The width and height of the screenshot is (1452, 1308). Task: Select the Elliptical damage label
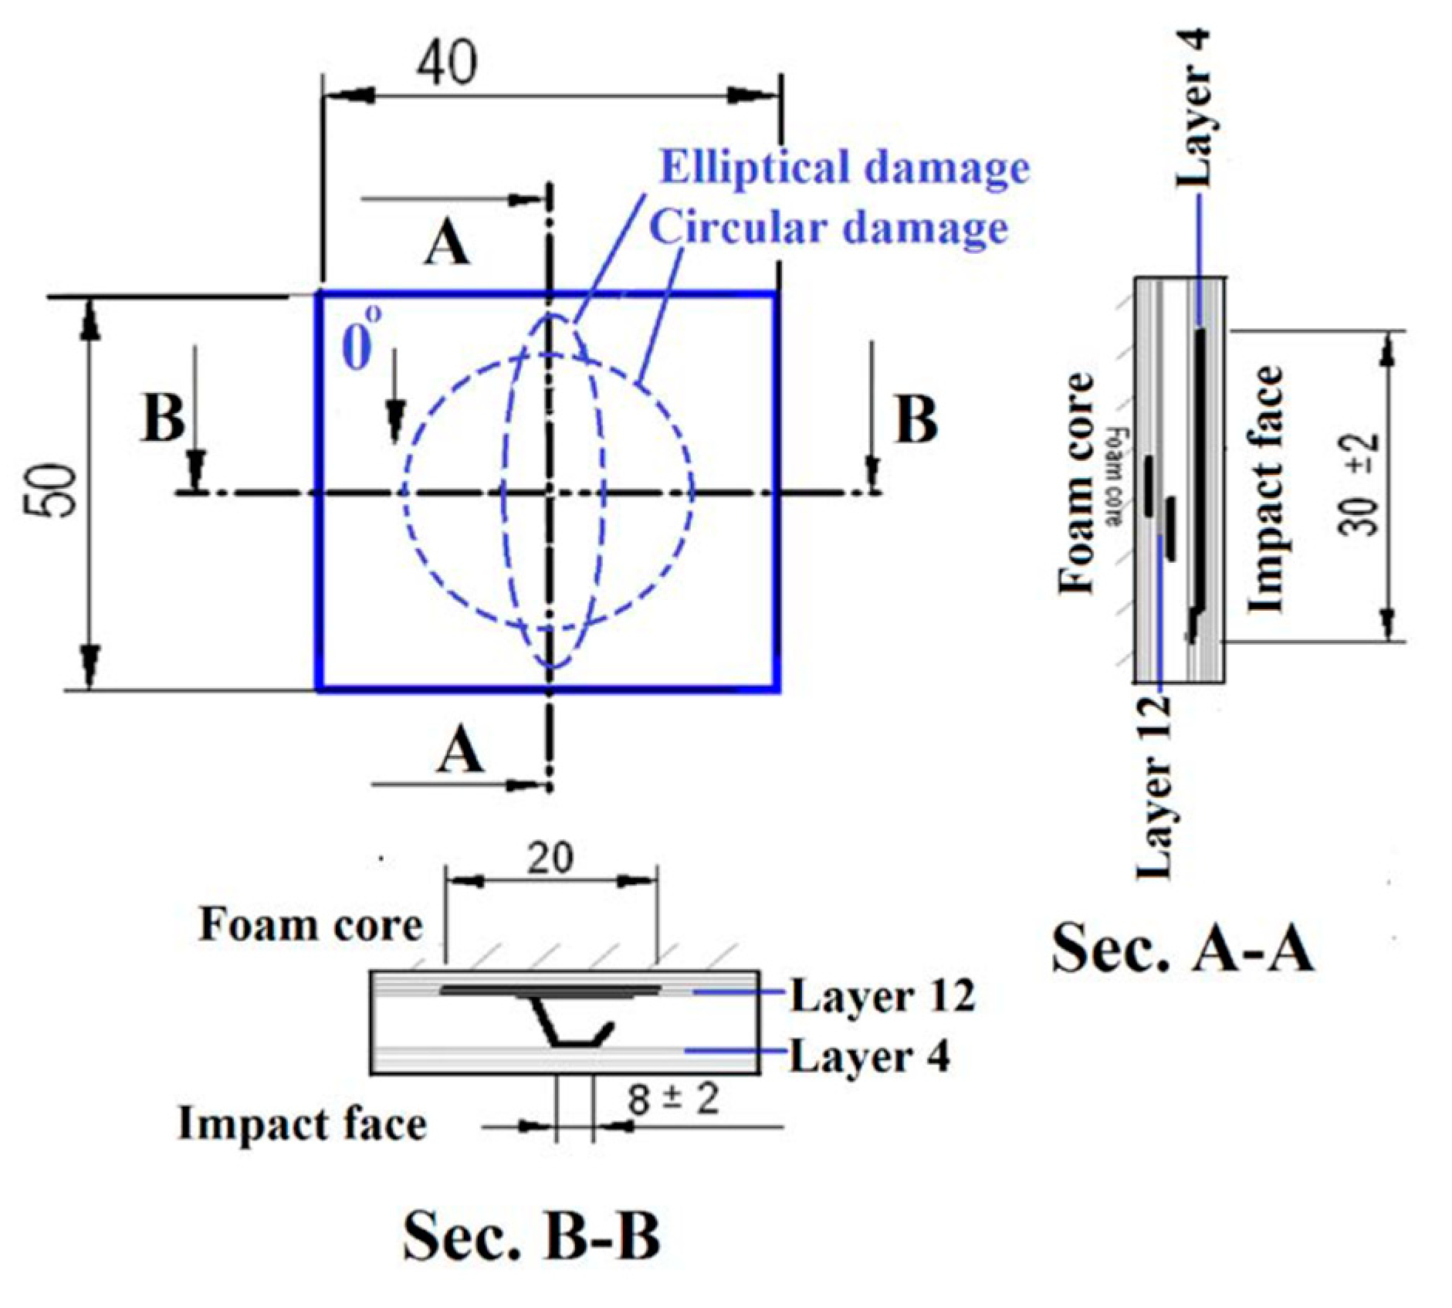[x=844, y=168]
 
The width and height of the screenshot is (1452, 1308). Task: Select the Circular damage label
[x=828, y=229]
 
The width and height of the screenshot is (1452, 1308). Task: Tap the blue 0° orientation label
[x=360, y=341]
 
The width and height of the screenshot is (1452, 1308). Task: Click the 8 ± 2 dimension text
[x=673, y=1098]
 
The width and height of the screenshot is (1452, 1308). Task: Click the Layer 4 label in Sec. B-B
[x=869, y=1056]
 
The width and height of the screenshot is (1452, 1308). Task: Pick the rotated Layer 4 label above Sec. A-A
[x=1193, y=108]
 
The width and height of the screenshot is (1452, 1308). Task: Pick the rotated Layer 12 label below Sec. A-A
[x=1156, y=788]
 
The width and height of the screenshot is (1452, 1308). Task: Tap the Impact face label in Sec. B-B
[x=302, y=1123]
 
